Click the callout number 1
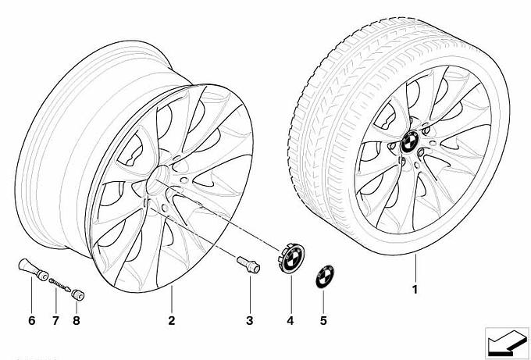coord(415,290)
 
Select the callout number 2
coord(172,320)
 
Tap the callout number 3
coord(250,320)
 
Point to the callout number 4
coord(290,320)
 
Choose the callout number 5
coord(323,320)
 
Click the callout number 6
coord(32,320)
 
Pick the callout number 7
coord(55,320)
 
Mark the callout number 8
coord(77,320)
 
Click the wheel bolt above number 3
coord(248,265)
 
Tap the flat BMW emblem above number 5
coord(325,276)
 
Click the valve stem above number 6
coord(33,270)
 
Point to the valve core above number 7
coord(59,284)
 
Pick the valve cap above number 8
coord(78,294)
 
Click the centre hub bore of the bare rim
coord(158,180)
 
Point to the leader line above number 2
coord(172,299)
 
